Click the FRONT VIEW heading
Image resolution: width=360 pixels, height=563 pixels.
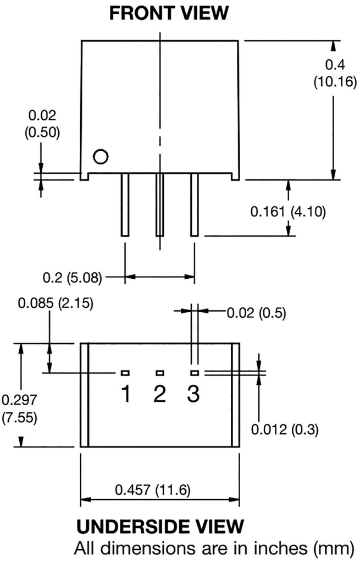click(x=169, y=13)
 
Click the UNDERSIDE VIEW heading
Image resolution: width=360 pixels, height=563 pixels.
click(x=160, y=526)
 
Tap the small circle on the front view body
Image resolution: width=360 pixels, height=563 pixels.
click(x=101, y=157)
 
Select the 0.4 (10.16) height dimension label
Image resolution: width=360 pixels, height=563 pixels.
click(x=335, y=73)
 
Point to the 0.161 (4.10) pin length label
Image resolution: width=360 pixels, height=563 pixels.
click(x=288, y=212)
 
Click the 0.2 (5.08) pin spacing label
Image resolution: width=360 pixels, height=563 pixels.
click(x=72, y=278)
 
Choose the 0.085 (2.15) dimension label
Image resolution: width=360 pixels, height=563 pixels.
click(x=56, y=303)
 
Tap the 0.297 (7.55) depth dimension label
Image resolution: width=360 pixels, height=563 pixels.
click(x=19, y=409)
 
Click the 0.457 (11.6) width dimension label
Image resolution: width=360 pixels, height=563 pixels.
click(x=153, y=489)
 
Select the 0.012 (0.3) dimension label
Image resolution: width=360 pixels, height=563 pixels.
click(x=285, y=429)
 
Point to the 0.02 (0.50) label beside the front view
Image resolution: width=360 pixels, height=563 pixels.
click(x=42, y=124)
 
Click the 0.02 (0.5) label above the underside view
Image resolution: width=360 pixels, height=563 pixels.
click(x=256, y=313)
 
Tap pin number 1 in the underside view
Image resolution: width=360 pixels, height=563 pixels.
click(x=126, y=394)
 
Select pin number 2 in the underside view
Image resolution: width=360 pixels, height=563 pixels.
click(x=160, y=394)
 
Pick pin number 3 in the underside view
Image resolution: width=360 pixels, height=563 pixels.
click(x=193, y=394)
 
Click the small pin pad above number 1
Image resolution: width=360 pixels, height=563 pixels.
click(x=125, y=373)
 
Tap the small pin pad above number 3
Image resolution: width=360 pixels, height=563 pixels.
click(x=195, y=373)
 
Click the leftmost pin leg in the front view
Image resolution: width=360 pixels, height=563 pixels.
click(x=125, y=205)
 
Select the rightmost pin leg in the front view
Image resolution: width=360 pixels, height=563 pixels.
click(x=195, y=205)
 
